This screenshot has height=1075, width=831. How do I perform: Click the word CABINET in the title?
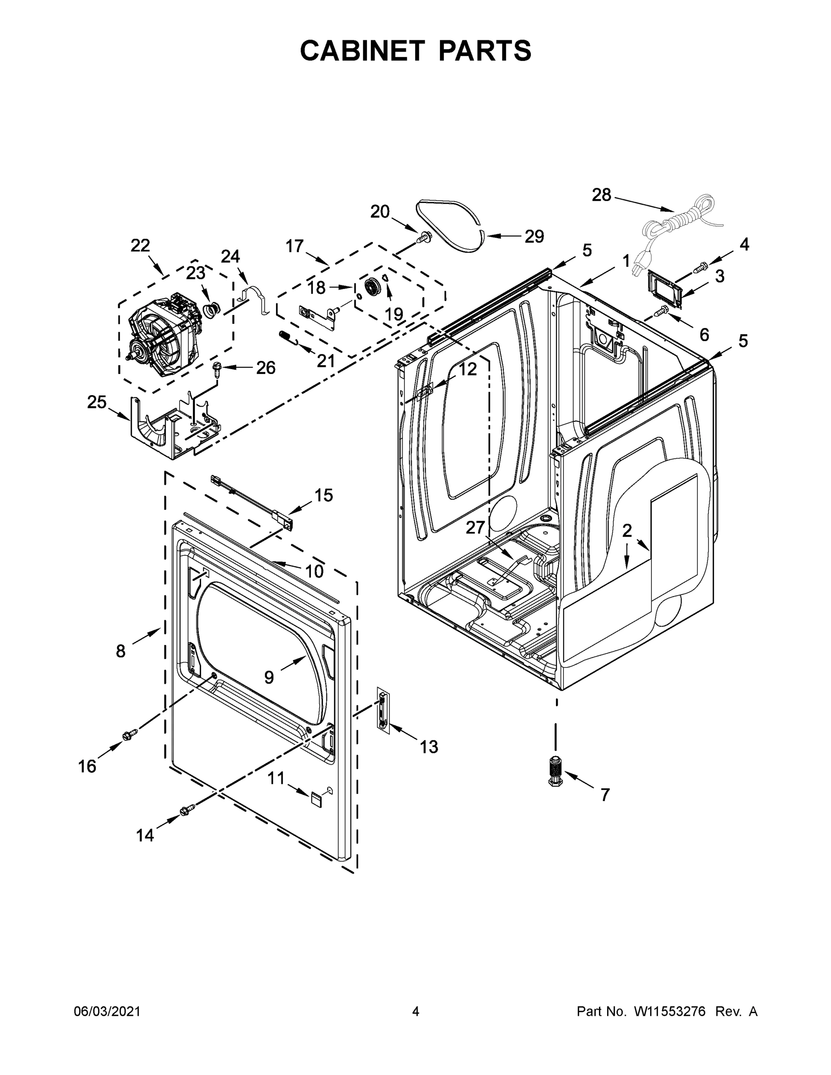click(x=362, y=50)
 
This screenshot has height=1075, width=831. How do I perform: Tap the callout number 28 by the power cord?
click(x=601, y=195)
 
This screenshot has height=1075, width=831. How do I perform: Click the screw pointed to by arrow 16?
click(x=129, y=735)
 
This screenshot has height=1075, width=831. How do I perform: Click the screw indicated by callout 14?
click(x=188, y=808)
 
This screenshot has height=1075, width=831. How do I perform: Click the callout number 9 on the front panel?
click(x=269, y=677)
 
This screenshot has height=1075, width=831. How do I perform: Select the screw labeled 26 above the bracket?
click(x=217, y=368)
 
